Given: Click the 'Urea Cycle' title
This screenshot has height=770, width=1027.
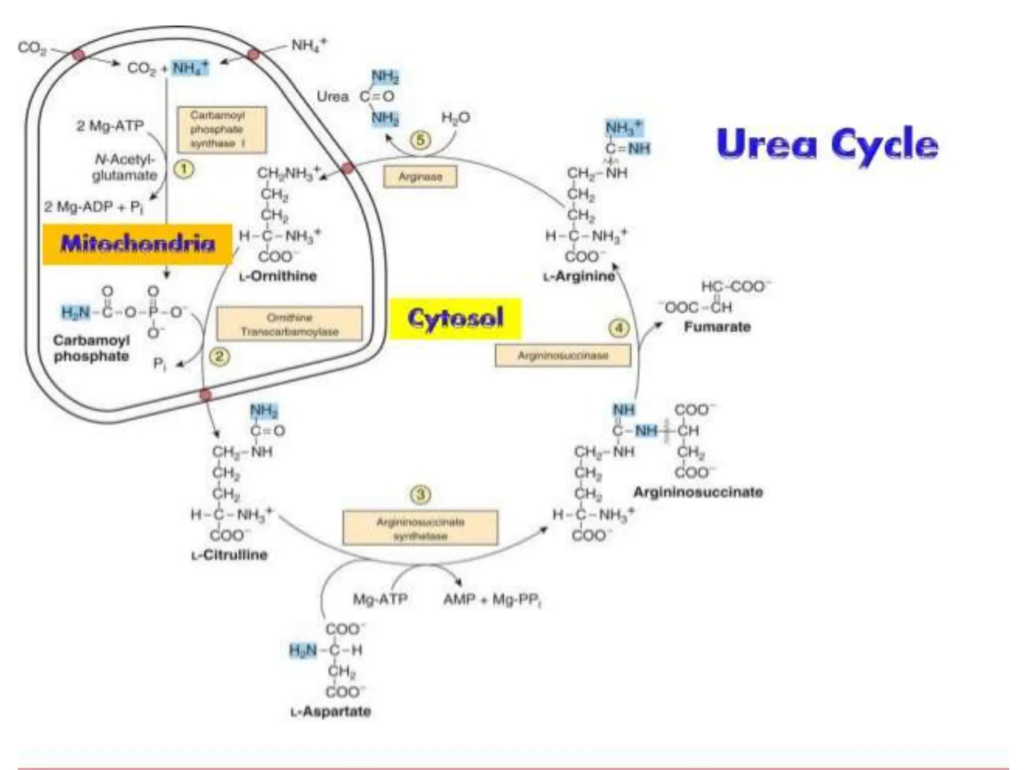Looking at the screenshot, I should (x=827, y=144).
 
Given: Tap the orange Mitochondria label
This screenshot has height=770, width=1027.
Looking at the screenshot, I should (x=137, y=244).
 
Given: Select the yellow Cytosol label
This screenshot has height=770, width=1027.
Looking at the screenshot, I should (x=455, y=318).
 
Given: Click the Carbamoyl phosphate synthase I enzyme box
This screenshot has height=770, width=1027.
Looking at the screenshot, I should (x=222, y=130).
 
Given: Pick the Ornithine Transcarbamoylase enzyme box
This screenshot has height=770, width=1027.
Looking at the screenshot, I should (x=289, y=324).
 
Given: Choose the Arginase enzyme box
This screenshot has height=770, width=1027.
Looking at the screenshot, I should (x=420, y=176).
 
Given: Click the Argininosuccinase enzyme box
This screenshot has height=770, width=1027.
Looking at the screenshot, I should (x=563, y=355).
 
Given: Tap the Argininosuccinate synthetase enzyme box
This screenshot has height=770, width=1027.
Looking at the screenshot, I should (x=420, y=528).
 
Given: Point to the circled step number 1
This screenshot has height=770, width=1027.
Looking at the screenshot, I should (x=184, y=169).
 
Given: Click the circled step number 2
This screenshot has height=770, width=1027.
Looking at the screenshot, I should (x=220, y=356).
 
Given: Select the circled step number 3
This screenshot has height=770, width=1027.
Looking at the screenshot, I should (x=420, y=495).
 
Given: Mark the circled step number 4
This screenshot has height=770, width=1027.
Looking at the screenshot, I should (x=619, y=328).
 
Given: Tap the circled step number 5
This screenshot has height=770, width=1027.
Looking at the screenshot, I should (x=420, y=140).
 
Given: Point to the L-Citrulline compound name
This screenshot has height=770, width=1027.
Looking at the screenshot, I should (x=230, y=555).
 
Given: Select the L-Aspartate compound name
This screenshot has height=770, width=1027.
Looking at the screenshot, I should (x=331, y=711).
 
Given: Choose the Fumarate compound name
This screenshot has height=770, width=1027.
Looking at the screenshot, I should (x=717, y=327).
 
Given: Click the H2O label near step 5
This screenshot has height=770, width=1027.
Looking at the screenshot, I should (x=455, y=118).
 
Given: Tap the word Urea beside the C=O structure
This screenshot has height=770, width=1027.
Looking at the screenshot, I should (x=332, y=96).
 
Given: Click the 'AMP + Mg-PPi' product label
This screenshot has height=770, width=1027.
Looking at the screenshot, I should (x=492, y=600).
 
